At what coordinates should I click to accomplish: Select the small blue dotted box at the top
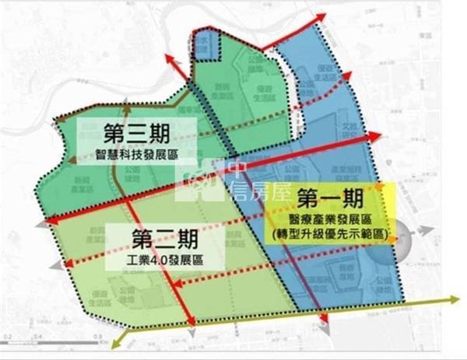(204, 44)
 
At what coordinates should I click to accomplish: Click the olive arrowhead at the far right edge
(458, 297)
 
